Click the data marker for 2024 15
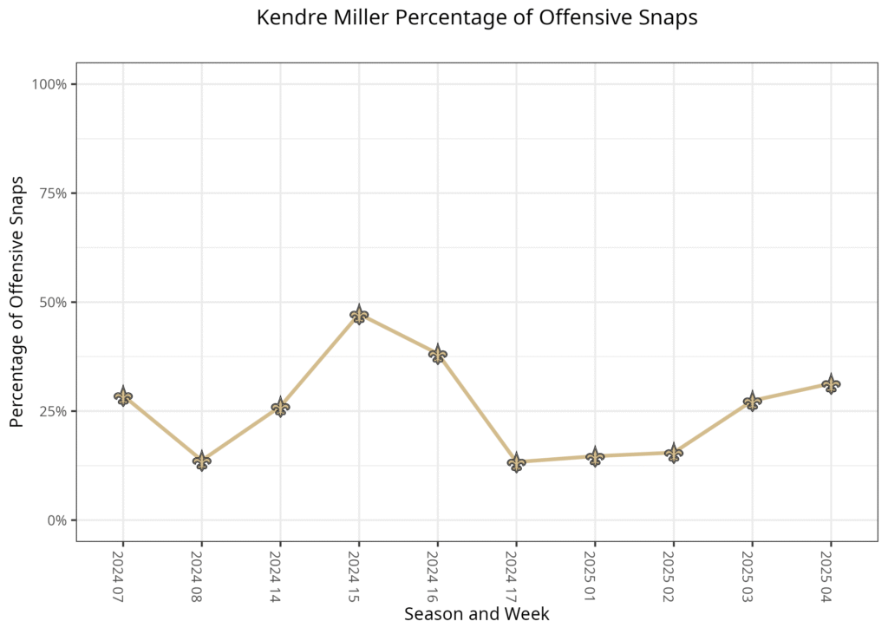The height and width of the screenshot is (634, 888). [359, 314]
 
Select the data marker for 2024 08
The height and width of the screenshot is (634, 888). [201, 461]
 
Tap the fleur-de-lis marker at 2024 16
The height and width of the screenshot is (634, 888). [438, 354]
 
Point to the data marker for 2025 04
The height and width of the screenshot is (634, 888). [831, 383]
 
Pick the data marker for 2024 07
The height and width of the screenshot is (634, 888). [123, 396]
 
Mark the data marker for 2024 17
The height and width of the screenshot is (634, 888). [516, 461]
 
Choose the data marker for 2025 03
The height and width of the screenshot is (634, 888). [752, 402]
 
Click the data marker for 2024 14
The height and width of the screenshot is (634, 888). [280, 407]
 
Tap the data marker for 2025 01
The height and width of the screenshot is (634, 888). [595, 456]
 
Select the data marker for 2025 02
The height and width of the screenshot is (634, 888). [674, 452]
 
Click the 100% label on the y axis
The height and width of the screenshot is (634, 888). [49, 84]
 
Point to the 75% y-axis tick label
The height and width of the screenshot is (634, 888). [53, 193]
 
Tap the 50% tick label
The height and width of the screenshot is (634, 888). [53, 303]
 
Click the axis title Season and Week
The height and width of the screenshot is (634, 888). [477, 614]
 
